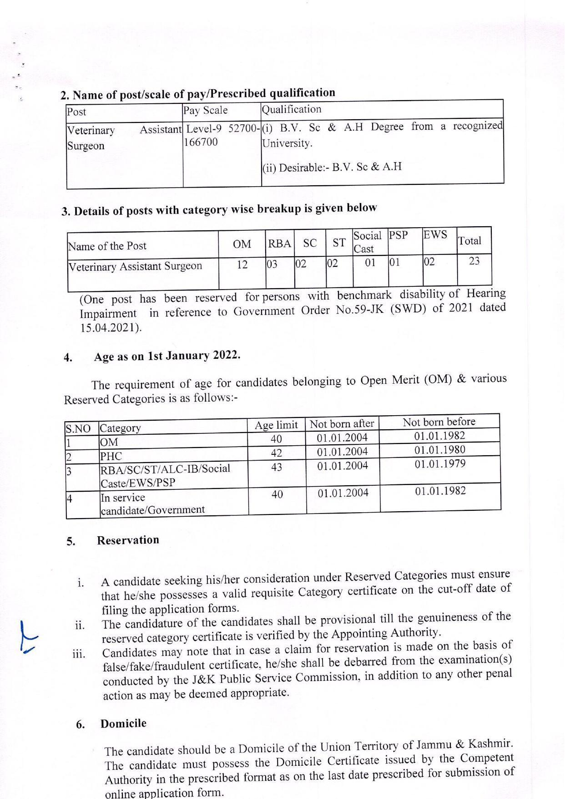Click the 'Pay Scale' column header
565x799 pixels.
pos(205,110)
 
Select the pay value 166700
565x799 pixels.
pos(201,142)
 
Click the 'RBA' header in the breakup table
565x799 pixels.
pos(279,244)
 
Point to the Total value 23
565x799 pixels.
pos(474,261)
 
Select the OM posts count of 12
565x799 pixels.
pos(242,264)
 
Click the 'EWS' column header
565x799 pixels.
pos(435,235)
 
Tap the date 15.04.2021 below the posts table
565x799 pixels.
pos(111,328)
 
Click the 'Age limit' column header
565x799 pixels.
pos(276,425)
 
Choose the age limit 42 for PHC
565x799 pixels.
pos(277,453)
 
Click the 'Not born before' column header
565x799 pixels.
pos(439,422)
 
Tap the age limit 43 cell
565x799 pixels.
pos(277,467)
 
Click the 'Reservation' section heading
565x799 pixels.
pos(128,540)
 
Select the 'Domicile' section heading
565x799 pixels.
pos(123,723)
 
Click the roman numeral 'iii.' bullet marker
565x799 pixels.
pos(79,654)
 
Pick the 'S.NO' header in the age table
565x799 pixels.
pos(78,429)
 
